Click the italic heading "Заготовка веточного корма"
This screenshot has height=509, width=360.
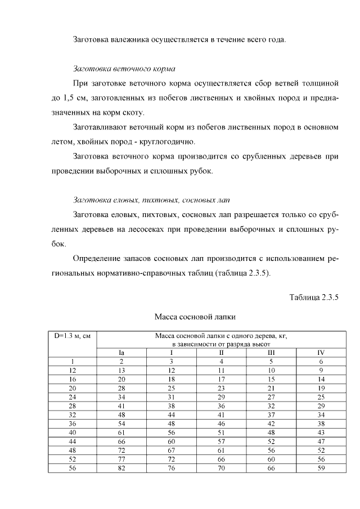pos(124,69)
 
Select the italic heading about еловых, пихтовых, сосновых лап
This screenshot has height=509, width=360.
pos(152,200)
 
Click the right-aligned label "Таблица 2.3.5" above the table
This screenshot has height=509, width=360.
pos(314,297)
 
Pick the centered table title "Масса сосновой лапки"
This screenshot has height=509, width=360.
pos(194,316)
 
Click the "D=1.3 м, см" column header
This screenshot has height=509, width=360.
pos(73,336)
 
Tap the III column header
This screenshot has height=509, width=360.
pos(271,353)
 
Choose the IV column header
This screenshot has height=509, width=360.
pos(321,353)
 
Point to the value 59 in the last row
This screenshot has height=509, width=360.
pos(321,467)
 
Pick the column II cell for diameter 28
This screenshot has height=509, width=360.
pos(222,406)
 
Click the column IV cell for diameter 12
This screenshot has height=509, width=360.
pos(321,370)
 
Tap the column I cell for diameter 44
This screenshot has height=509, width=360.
pos(172,441)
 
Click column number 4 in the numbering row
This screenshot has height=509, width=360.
pos(222,361)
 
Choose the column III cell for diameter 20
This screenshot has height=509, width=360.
pos(271,388)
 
